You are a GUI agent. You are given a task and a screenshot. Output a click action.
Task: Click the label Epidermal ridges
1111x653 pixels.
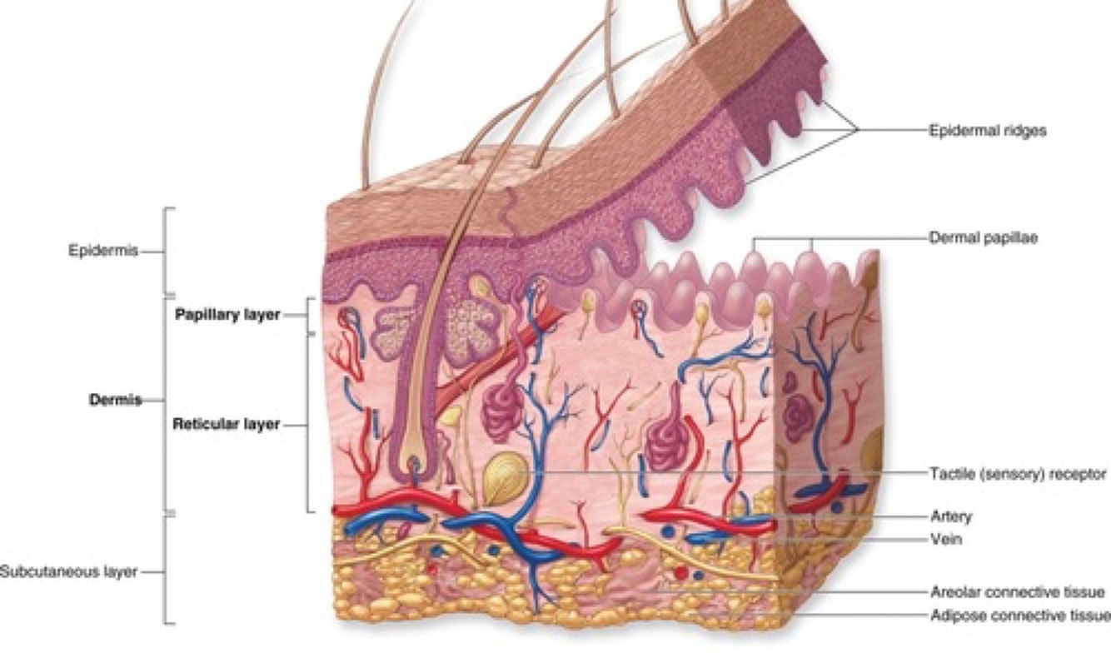point(987,131)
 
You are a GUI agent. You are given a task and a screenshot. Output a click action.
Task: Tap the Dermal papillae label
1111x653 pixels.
point(984,237)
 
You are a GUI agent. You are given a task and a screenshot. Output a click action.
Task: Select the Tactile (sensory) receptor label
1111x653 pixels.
point(1018,474)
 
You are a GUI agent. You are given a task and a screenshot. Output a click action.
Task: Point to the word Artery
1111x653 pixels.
point(950,516)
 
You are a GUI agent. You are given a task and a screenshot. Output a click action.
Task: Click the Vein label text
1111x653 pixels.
point(946,539)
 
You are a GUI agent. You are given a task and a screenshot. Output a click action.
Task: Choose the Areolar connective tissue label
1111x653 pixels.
point(1017,592)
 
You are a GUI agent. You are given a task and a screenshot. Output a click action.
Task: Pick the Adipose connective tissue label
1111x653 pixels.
point(1019,616)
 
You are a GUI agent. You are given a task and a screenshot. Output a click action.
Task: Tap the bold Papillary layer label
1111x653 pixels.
point(227,315)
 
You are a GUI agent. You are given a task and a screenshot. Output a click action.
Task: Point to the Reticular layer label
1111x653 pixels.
point(226,424)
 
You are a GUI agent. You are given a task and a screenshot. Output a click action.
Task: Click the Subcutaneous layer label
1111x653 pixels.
point(68,572)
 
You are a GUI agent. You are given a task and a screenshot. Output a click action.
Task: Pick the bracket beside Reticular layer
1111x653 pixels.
point(310,424)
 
